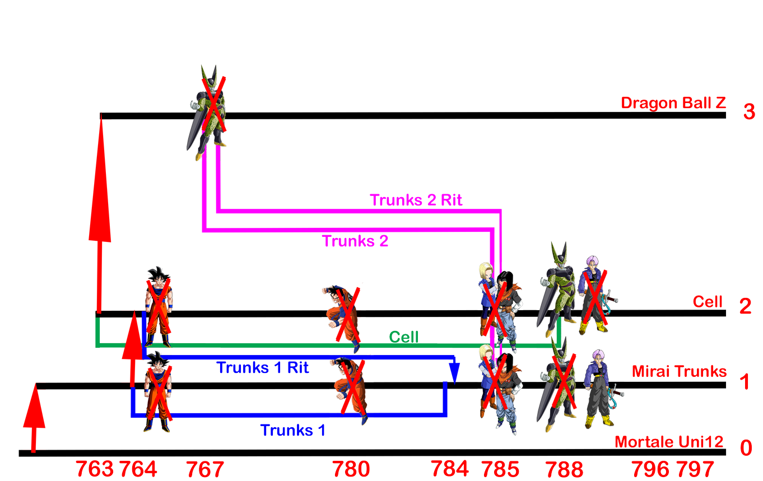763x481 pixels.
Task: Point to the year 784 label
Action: click(449, 468)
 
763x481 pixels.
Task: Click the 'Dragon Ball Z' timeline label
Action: click(673, 103)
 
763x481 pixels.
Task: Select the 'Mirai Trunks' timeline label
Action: click(679, 371)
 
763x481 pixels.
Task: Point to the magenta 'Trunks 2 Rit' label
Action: click(416, 200)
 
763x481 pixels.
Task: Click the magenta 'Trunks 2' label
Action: click(355, 241)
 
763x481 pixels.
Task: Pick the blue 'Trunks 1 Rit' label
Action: click(262, 368)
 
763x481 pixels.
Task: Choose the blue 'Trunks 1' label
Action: click(292, 430)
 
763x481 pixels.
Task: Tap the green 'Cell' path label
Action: click(404, 337)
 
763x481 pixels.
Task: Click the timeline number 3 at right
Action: click(749, 112)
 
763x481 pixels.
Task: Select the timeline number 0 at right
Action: click(746, 449)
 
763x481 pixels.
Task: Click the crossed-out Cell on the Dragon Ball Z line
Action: click(207, 113)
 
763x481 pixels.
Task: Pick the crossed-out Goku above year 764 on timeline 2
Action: click(159, 307)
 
